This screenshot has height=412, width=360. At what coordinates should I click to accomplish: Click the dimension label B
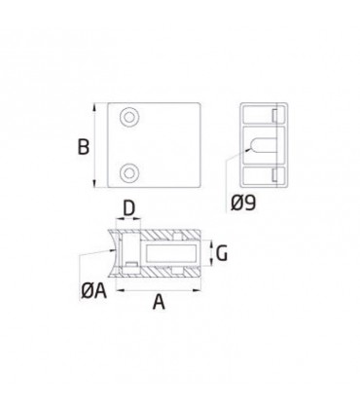pos(84,147)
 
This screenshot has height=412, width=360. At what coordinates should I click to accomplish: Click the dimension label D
pos(128,208)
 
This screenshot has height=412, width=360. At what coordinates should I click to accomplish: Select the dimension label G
pos(222,253)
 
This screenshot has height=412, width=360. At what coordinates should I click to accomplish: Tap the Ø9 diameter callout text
pos(243,203)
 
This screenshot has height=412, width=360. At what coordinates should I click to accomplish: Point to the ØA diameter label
pos(93,290)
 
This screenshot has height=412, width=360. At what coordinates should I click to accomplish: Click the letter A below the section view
pos(159,302)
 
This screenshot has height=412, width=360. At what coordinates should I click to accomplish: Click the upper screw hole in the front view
pos(129,117)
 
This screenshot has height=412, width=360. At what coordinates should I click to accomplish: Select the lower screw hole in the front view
pos(129,172)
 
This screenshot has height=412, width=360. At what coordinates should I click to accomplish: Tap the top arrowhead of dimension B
pos(94,107)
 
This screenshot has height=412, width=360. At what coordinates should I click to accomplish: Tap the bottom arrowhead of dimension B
pos(94,184)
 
